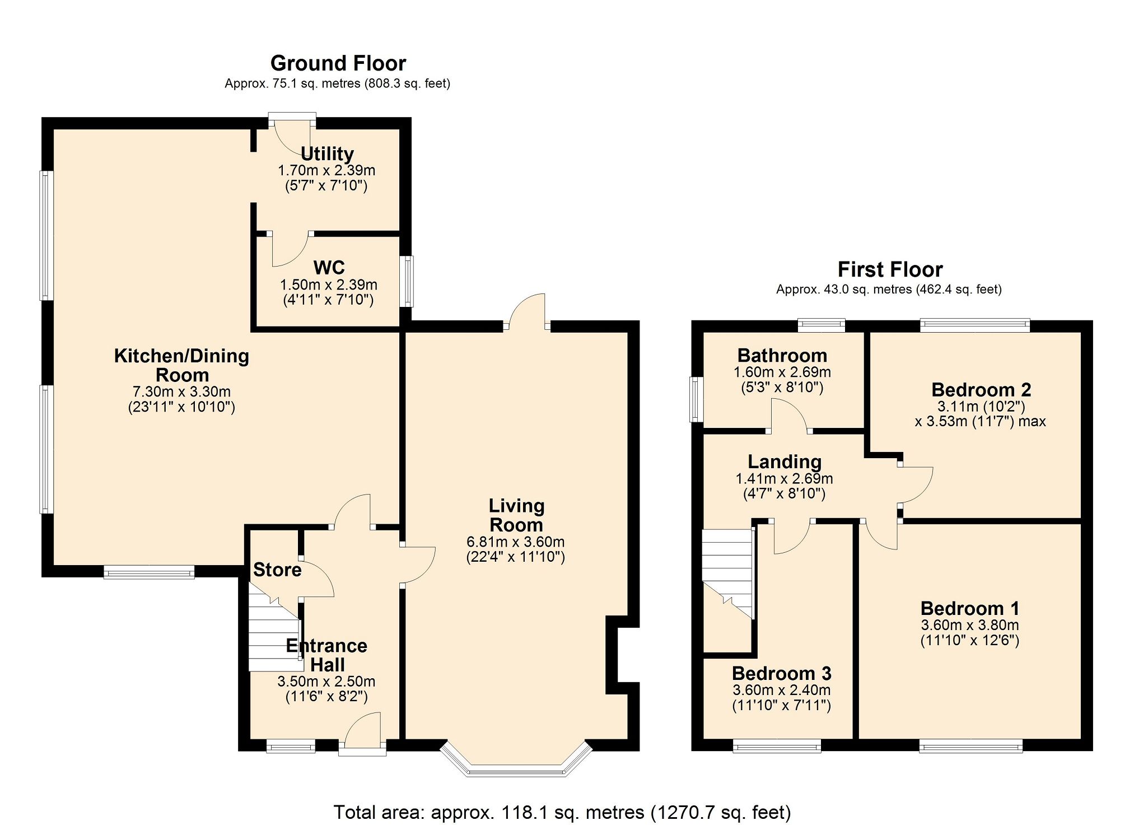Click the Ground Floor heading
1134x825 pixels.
(x=338, y=63)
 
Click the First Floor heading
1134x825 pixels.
(x=890, y=269)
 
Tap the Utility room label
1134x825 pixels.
(x=328, y=153)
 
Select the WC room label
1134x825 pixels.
(x=329, y=267)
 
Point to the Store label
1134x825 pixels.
(x=277, y=570)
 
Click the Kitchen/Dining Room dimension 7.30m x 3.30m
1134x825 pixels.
(x=181, y=391)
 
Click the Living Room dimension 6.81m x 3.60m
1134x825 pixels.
(x=515, y=542)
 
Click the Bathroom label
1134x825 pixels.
(x=782, y=355)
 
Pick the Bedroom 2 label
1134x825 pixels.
(x=981, y=389)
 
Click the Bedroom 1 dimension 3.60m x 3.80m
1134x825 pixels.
(x=969, y=625)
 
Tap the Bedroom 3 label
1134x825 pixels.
(x=781, y=673)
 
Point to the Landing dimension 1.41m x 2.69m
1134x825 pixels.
(x=783, y=478)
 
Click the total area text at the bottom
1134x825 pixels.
(x=562, y=812)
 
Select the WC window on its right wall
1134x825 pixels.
(x=409, y=281)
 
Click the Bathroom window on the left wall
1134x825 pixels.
(x=696, y=399)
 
